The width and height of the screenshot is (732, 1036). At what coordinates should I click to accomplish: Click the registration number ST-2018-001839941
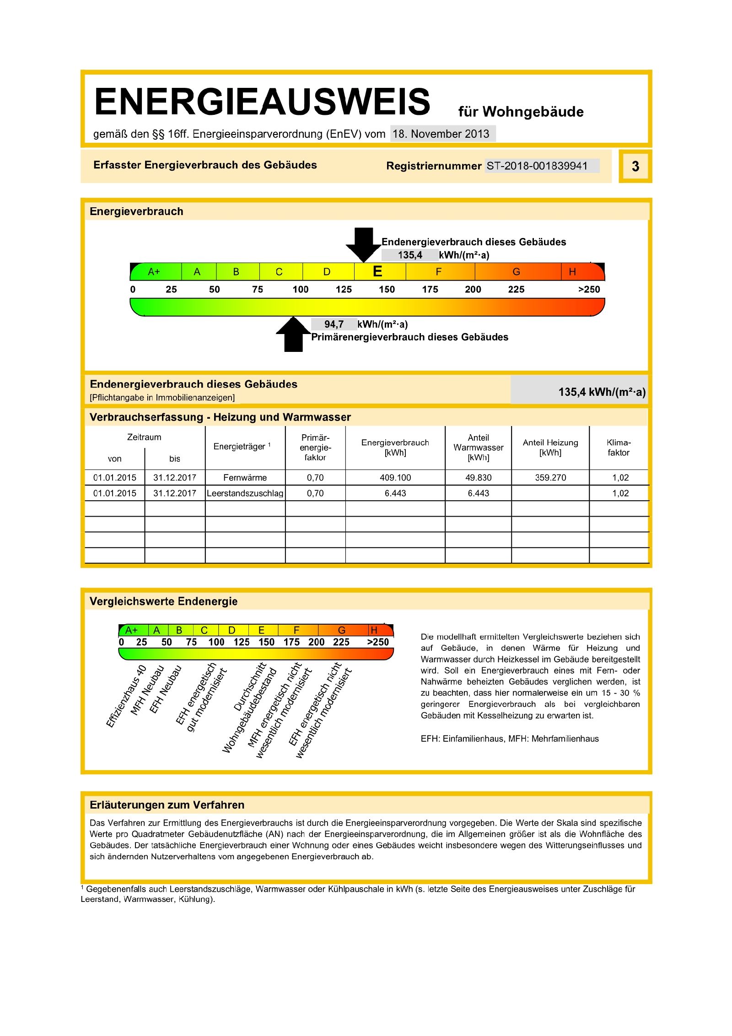coord(537,166)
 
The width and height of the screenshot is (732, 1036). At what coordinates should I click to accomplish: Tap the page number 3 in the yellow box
coord(635,166)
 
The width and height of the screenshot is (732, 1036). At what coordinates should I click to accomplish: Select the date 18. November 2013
coord(441,134)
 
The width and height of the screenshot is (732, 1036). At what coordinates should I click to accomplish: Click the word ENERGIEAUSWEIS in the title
coord(262,102)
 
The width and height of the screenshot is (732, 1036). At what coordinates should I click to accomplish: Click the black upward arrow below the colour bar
coord(293,335)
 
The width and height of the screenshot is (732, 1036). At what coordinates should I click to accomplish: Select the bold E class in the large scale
coord(377,272)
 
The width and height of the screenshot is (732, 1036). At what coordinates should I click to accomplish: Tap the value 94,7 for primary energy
coord(334,324)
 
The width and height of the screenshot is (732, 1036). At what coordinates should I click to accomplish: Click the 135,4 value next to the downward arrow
coord(409,255)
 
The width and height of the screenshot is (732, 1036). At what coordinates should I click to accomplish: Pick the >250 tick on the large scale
coord(589,290)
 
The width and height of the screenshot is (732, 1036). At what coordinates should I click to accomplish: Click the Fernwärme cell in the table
coord(245,478)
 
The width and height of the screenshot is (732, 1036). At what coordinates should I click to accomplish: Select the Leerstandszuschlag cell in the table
coord(245,493)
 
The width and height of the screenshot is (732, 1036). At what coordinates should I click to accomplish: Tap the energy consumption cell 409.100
coord(395,478)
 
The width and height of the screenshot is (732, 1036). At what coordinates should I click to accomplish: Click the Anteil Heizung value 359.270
coord(550,478)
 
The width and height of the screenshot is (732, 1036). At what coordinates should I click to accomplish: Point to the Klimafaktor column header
coord(619,448)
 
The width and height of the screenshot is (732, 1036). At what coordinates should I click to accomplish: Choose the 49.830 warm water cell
coord(478,478)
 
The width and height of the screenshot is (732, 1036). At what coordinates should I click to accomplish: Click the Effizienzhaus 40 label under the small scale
coord(126,696)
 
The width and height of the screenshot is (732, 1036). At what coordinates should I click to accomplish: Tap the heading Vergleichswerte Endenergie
coord(163,601)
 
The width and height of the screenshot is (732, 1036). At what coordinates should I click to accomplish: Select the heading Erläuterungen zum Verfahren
coord(167,805)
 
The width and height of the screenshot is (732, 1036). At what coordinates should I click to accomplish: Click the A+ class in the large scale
coord(154,272)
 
